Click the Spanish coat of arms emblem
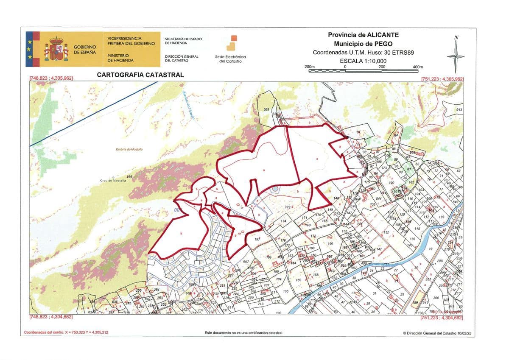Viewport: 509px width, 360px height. pos(56,49)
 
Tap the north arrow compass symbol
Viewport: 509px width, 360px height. pos(456,55)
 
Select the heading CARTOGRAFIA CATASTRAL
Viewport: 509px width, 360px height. pos(140,75)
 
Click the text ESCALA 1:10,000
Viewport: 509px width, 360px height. pos(363,61)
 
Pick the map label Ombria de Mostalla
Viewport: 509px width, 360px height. pos(129,149)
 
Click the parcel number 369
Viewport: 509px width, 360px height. pos(266,110)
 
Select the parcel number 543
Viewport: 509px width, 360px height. pos(459,110)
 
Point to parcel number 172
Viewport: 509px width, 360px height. pos(288,207)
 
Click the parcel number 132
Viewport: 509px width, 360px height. pos(386,232)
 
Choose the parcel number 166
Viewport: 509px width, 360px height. pos(330,244)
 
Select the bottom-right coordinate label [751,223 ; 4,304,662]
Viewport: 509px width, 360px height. pos(442,317)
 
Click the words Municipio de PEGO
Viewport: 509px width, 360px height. pos(363,44)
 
